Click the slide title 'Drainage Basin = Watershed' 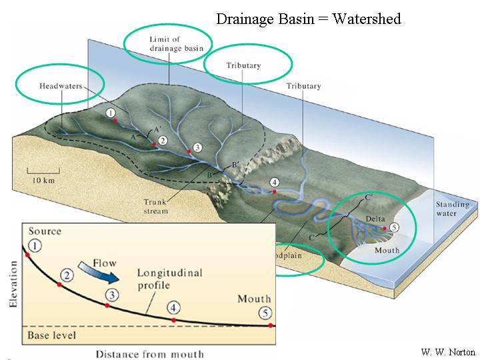(x=308, y=19)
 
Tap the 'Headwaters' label (x=59, y=86)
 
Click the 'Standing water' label (x=452, y=209)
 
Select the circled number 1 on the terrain (x=110, y=113)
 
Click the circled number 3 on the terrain (x=196, y=147)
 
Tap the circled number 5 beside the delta (x=394, y=227)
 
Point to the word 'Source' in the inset (x=44, y=231)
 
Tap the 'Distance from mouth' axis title (x=149, y=353)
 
